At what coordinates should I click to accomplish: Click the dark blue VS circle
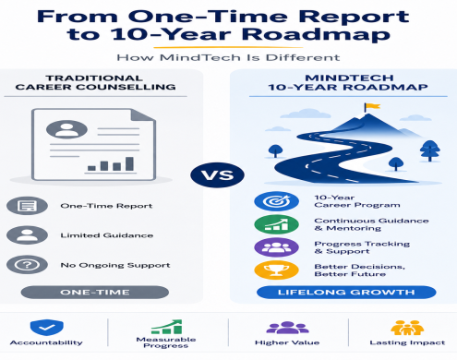pos(217,175)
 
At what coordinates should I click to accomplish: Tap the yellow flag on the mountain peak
pos(372,107)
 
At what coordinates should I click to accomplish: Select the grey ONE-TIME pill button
pos(95,292)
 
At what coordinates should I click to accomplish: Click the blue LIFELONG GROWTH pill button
pos(346,292)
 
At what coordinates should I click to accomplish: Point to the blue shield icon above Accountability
pos(47,327)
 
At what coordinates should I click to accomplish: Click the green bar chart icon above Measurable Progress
pos(167,327)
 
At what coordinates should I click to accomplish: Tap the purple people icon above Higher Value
pos(287,328)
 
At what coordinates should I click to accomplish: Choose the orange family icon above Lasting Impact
pos(407,328)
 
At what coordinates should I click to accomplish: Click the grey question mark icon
pos(27,265)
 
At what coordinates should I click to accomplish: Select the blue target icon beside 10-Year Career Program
pos(276,201)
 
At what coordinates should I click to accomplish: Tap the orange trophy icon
pos(276,270)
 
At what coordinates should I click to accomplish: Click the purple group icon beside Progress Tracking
pos(276,247)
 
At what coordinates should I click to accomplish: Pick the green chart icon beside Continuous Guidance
pos(276,224)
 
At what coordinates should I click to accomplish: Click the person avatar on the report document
pos(66,129)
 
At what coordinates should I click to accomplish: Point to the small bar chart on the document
pos(111,164)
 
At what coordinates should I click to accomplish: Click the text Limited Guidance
pos(107,235)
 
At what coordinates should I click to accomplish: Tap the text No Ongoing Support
pos(115,265)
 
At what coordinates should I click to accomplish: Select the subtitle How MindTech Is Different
pos(228,57)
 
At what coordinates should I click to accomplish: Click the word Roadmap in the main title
pos(316,34)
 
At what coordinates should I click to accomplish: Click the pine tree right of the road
pos(430,150)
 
